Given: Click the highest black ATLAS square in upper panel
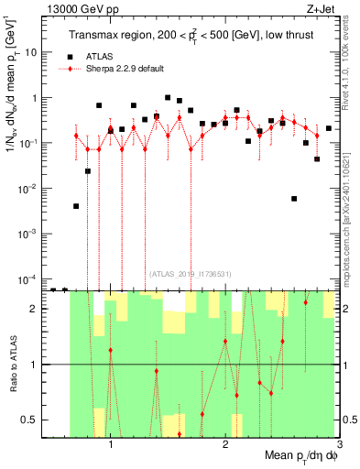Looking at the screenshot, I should point(168,97).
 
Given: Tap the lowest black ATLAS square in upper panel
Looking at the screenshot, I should point(52,289).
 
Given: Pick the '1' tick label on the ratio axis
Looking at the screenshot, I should point(33,365).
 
